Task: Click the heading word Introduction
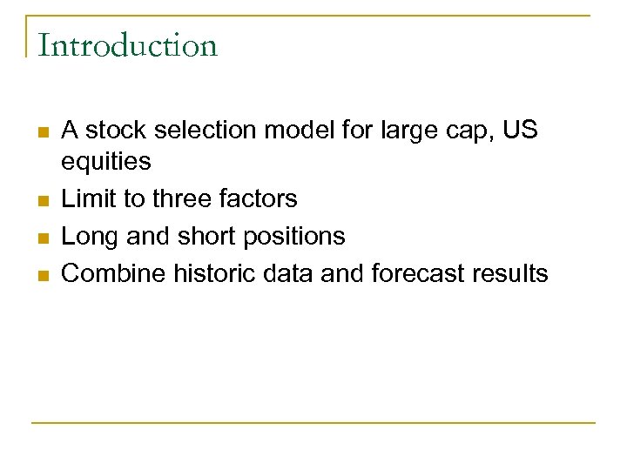coord(127,45)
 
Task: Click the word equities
coord(106,162)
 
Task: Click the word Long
coord(89,237)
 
